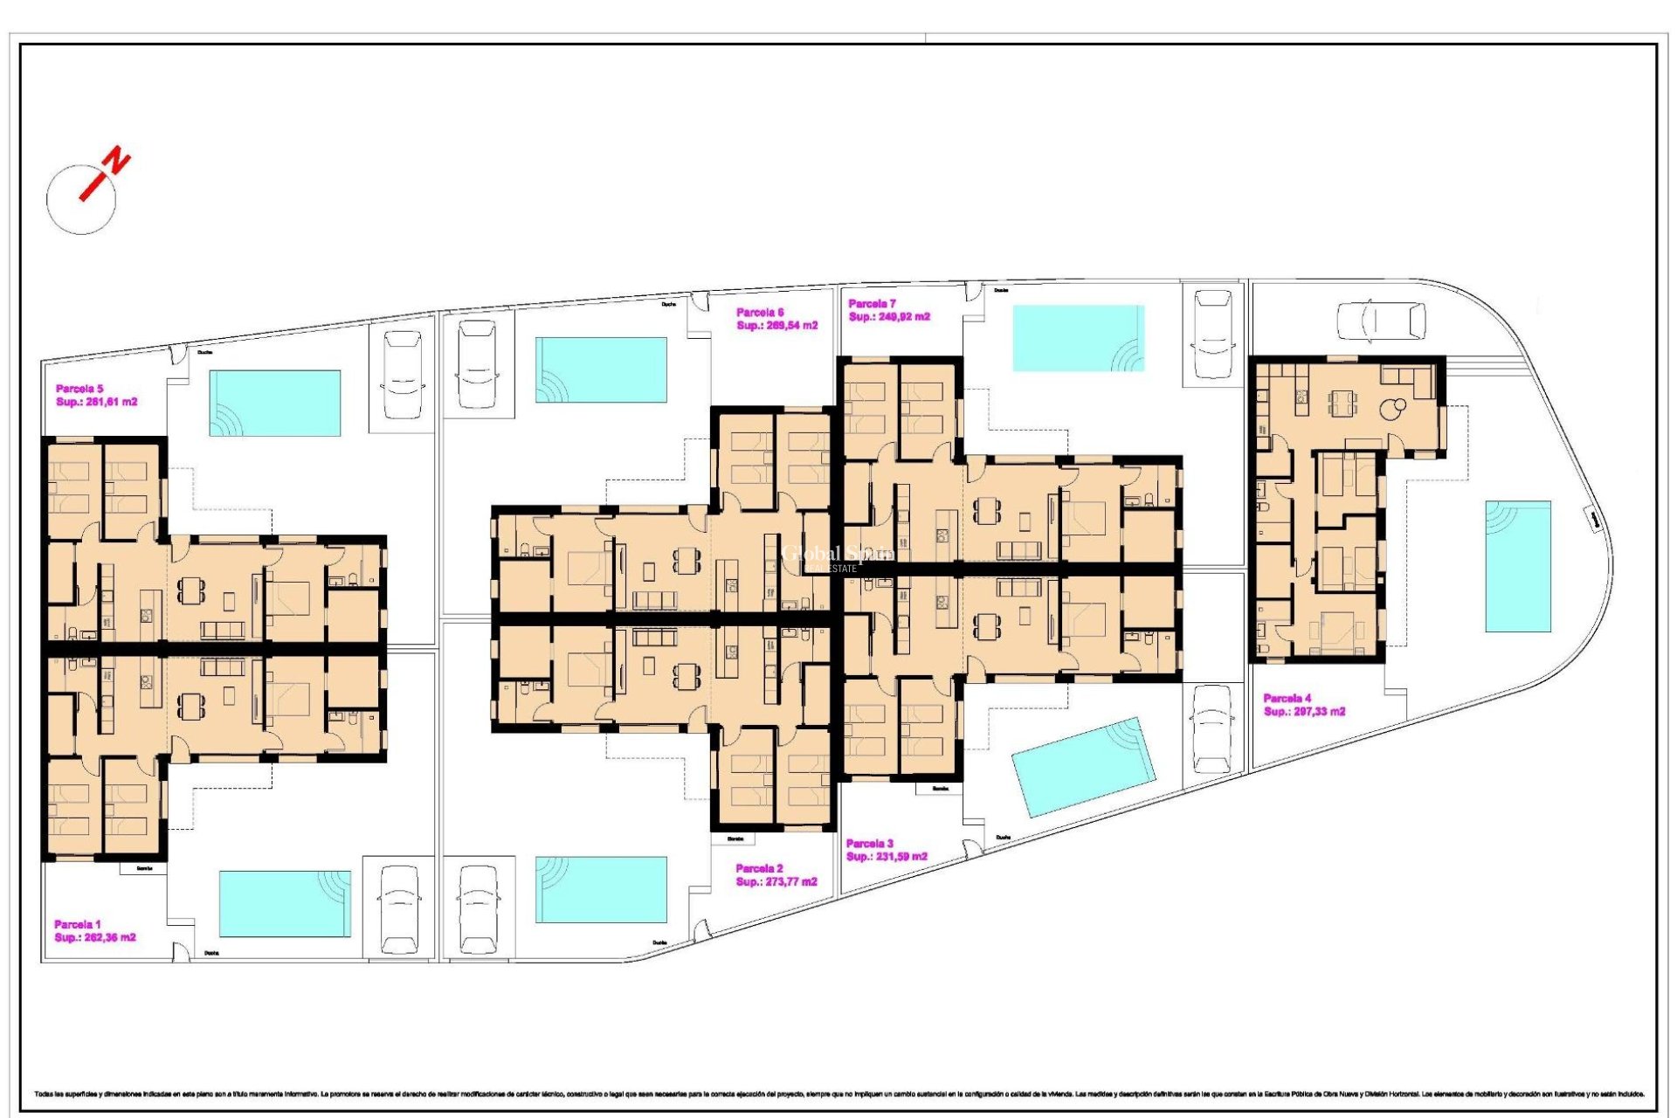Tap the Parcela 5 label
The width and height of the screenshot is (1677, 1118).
point(79,389)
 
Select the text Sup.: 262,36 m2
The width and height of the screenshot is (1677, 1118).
point(95,937)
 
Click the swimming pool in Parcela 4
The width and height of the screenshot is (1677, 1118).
point(1518,566)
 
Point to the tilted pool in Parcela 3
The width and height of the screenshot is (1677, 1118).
point(1083,767)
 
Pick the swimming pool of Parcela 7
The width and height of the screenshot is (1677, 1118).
point(1078,338)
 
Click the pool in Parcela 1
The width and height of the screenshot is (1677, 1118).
point(285,903)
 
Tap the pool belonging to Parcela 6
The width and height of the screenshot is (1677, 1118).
point(601,369)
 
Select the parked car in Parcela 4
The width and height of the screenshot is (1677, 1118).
point(1381,321)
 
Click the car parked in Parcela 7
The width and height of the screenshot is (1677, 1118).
point(1212,335)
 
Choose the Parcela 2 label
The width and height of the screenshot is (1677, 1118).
point(759,868)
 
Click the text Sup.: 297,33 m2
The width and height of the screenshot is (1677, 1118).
point(1304,712)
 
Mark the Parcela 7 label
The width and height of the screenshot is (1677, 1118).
point(872,304)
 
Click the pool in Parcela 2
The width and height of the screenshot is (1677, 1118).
point(601,889)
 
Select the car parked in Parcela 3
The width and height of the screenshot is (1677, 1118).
point(1211,728)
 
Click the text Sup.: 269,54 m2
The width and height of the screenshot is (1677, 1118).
point(776,326)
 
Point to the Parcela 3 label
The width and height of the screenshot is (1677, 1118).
point(869,844)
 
